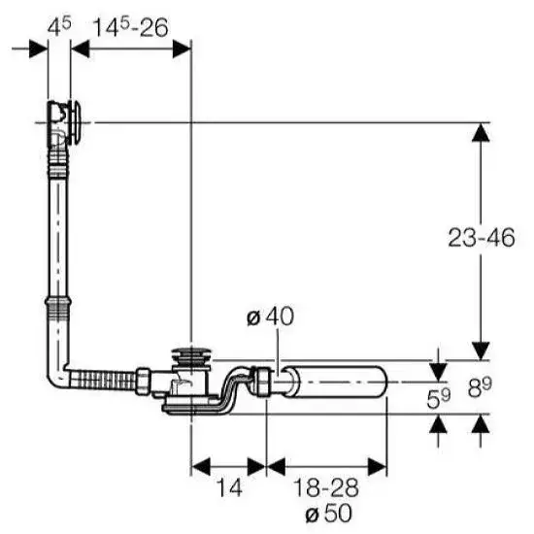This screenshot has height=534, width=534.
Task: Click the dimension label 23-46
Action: (x=481, y=237)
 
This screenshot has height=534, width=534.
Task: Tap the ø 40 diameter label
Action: (x=270, y=317)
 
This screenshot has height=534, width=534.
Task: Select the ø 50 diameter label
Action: (x=328, y=513)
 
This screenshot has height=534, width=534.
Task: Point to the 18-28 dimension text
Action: (x=325, y=487)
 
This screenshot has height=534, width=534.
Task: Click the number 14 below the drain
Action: (x=229, y=487)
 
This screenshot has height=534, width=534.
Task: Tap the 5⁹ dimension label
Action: (x=439, y=397)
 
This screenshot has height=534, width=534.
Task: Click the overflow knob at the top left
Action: (x=76, y=122)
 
